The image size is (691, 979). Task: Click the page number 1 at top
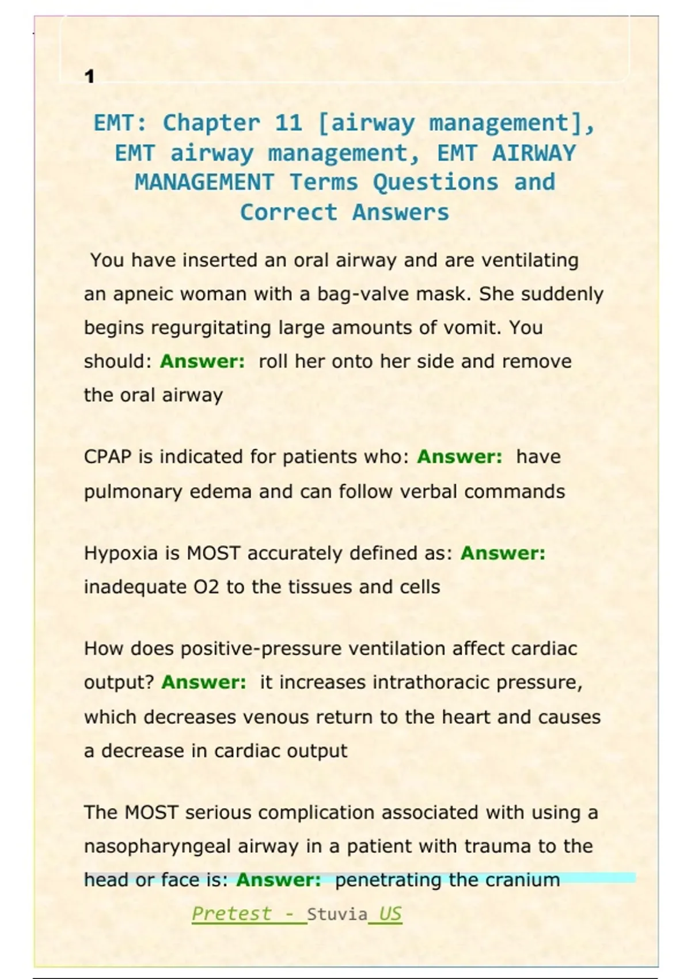click(x=89, y=76)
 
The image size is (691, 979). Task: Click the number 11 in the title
click(x=288, y=123)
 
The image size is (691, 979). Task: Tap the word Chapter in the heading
click(x=211, y=123)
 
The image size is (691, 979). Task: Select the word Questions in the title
click(x=435, y=183)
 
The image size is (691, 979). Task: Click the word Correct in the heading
click(x=288, y=213)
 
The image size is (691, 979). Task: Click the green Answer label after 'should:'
click(x=202, y=362)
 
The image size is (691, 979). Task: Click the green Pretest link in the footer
click(x=231, y=914)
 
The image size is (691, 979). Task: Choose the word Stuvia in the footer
click(x=337, y=915)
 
